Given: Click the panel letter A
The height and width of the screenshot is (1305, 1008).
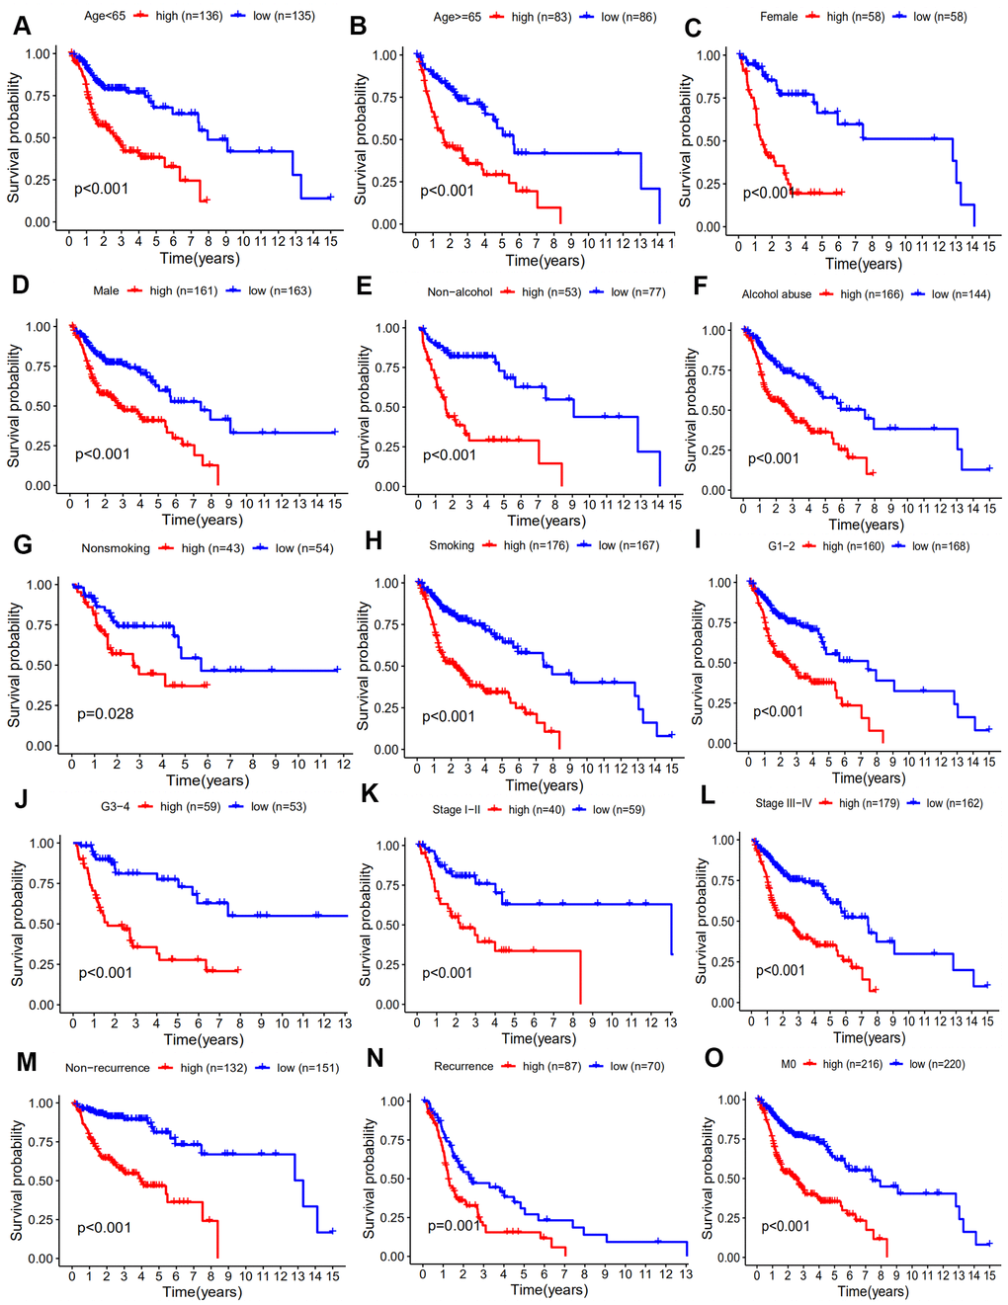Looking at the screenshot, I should (x=21, y=27).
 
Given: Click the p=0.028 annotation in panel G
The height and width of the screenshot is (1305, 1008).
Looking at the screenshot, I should (x=106, y=713).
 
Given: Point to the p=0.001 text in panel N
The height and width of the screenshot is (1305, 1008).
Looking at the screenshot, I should (x=455, y=1225).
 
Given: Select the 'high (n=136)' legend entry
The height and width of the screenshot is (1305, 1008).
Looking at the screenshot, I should (x=188, y=16).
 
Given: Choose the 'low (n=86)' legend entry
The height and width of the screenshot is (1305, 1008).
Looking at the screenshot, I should (x=627, y=17).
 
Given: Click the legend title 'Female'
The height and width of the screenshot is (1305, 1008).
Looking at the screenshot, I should (x=779, y=17).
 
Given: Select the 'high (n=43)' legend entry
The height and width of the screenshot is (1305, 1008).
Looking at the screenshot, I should (x=211, y=548).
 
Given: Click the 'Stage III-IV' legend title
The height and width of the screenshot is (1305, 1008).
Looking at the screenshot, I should (x=784, y=803).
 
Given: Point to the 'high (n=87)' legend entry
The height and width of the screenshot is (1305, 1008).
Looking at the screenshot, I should (x=551, y=1066).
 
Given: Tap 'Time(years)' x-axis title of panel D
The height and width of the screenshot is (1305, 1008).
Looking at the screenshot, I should (x=202, y=520).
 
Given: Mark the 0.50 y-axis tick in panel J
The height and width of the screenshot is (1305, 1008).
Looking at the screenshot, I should (x=42, y=925).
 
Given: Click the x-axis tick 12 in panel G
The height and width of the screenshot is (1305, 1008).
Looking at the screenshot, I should (x=344, y=764).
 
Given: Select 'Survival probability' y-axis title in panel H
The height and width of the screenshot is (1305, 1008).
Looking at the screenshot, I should (x=362, y=668).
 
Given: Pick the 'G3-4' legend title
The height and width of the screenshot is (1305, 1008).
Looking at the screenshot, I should (x=115, y=807).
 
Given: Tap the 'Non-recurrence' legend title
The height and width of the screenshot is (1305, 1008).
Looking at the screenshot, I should (x=108, y=1068).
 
